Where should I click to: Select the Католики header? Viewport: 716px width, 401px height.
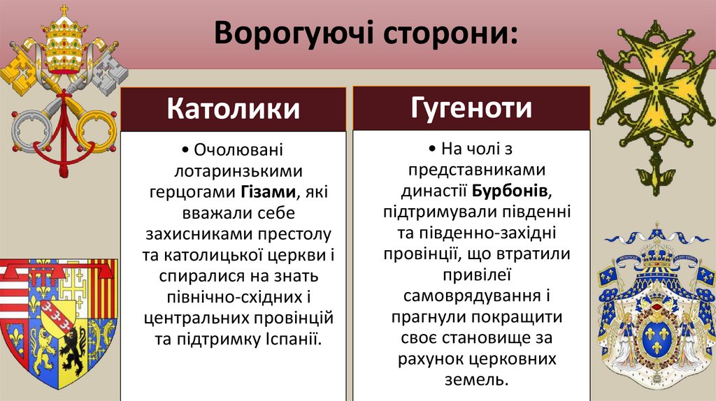point(234,109)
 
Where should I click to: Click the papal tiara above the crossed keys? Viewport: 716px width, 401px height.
point(64,42)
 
